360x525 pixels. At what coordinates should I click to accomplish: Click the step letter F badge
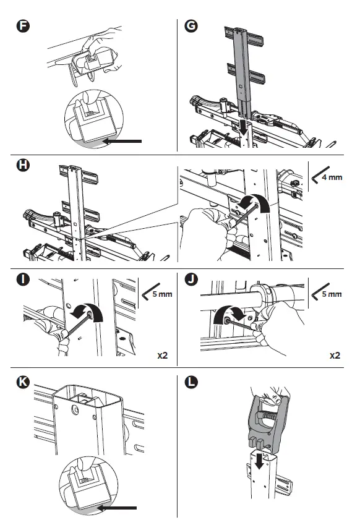(x=23, y=26)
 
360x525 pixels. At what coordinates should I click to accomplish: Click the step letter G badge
(x=191, y=26)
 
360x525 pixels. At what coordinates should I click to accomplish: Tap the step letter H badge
(x=23, y=164)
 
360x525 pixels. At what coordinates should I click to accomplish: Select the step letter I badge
(x=23, y=279)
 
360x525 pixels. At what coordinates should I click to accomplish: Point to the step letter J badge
(x=191, y=279)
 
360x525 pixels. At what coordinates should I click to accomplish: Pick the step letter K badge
(x=23, y=382)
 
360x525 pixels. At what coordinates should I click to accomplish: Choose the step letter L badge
(x=191, y=382)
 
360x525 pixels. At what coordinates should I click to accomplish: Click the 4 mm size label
(x=332, y=177)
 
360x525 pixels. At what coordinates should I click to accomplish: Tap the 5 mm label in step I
(x=162, y=294)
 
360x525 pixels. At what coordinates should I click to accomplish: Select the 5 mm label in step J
(x=332, y=294)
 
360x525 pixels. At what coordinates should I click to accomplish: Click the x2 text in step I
(x=163, y=355)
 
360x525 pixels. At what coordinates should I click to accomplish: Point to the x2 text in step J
(x=335, y=355)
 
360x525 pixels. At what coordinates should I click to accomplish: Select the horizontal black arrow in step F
(x=122, y=141)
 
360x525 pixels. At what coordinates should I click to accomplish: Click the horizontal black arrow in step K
(x=116, y=508)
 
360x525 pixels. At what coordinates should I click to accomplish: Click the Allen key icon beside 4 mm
(x=320, y=174)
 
